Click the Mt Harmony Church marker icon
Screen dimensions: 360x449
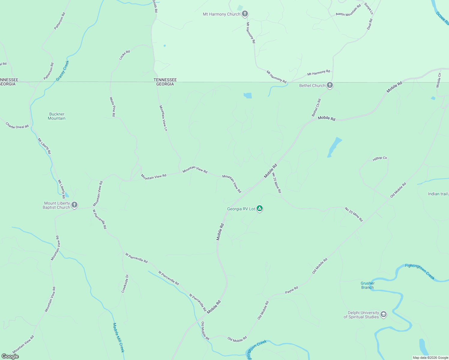[245, 14]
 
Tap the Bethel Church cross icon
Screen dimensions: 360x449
[330, 85]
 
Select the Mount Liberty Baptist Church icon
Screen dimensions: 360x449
[74, 205]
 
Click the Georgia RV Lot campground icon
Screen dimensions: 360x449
[260, 209]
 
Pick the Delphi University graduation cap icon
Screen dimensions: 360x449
[383, 314]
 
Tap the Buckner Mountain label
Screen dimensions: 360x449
[57, 116]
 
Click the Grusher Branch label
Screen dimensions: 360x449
[368, 285]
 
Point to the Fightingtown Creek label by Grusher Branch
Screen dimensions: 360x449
[420, 271]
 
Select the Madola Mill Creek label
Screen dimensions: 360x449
[118, 337]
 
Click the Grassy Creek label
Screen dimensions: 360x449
[62, 71]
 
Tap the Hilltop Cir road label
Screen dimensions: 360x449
[380, 159]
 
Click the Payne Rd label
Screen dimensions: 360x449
[291, 290]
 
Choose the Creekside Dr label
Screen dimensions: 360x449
[125, 283]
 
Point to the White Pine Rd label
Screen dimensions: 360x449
[112, 107]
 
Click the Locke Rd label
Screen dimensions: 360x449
[124, 55]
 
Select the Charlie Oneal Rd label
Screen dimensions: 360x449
[17, 125]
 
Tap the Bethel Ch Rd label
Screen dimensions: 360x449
[316, 108]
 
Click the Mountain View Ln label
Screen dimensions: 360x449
[163, 118]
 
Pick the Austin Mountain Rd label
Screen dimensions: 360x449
[348, 10]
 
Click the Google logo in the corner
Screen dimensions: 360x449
[10, 356]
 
